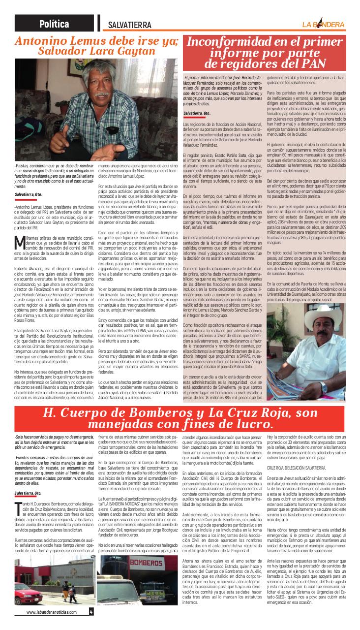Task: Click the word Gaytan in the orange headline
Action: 139,51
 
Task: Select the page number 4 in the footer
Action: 91,612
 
